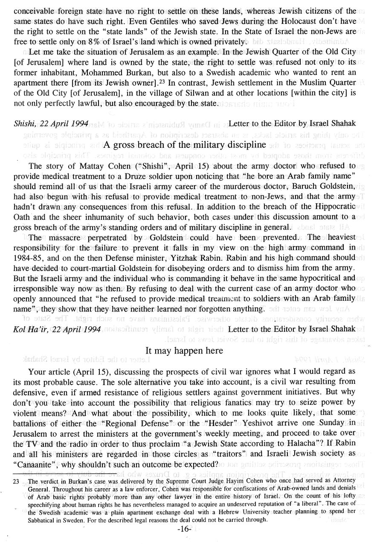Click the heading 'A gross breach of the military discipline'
pyautogui.click(x=185, y=144)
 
